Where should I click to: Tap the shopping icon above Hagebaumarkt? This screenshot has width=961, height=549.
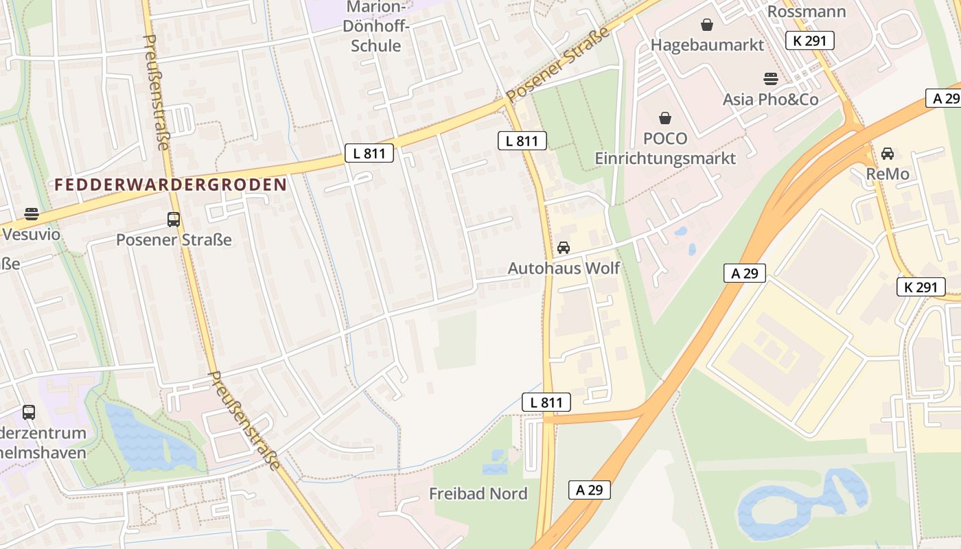point(707,25)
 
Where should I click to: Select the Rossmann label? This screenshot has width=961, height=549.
point(806,12)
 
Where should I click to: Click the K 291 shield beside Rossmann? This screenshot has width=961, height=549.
point(810,40)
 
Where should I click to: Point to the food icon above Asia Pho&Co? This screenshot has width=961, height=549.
point(770,79)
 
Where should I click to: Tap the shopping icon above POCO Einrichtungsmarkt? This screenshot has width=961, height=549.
point(664,119)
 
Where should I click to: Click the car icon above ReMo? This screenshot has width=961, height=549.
point(888,154)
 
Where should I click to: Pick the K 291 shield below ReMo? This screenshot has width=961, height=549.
point(921,287)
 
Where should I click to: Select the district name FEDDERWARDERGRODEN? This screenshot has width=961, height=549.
point(170,185)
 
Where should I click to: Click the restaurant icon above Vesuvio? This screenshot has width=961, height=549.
point(31,214)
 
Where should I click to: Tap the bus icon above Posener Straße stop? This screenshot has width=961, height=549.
point(174,220)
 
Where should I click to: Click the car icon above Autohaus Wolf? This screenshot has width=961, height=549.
point(564,248)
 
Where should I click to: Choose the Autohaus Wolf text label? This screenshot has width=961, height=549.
point(564,268)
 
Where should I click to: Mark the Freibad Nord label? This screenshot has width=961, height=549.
point(478,493)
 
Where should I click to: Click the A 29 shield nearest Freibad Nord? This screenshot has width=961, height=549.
point(589,490)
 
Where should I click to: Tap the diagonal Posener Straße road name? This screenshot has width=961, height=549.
point(557,65)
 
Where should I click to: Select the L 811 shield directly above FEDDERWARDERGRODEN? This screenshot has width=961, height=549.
point(369,153)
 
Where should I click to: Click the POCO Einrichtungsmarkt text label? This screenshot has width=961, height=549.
point(664,148)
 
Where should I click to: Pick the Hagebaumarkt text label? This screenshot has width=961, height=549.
point(707,45)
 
